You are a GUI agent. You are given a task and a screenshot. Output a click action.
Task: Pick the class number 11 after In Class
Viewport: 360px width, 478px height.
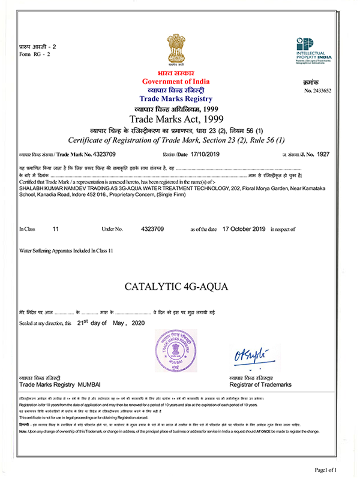coord(56,229)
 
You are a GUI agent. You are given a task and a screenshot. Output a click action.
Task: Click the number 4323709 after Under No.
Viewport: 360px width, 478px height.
coord(152,229)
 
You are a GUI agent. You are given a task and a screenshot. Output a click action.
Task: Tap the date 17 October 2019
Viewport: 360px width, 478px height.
coord(244,229)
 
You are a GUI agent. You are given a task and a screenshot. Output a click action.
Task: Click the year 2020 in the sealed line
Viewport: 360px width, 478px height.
coord(137,323)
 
